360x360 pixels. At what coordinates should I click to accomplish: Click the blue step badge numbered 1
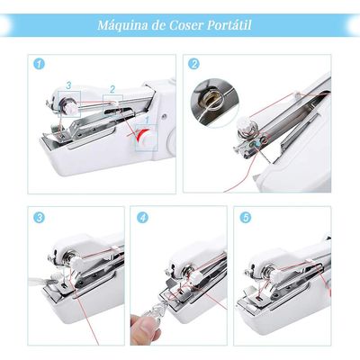38,64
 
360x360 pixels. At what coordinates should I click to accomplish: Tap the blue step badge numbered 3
38,218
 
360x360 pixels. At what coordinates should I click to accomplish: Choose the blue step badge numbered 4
141,218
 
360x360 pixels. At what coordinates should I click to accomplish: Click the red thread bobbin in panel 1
141,137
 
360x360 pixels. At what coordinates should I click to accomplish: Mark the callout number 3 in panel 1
68,84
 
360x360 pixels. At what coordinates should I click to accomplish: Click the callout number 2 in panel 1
112,88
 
